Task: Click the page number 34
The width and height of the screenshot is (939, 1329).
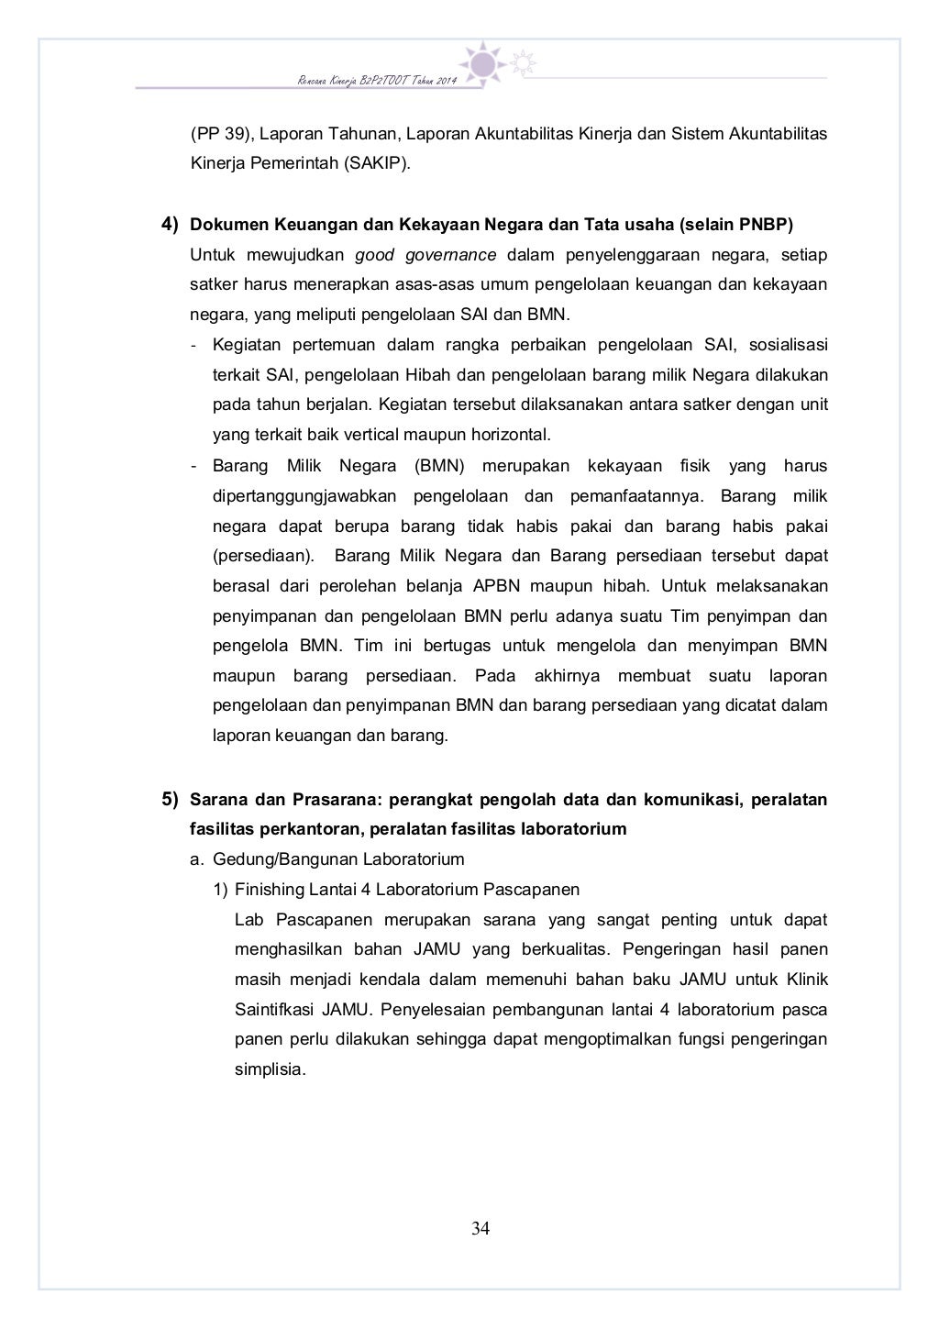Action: click(x=481, y=1228)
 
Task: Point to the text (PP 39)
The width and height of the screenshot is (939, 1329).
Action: click(x=219, y=134)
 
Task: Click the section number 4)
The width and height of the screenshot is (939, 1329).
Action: click(x=171, y=225)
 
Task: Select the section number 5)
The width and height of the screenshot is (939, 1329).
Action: click(x=171, y=799)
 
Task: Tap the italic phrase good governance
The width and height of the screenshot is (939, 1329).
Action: click(x=425, y=254)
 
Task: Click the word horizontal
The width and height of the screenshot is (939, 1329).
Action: click(x=511, y=434)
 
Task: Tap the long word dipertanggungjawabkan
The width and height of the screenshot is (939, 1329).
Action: click(x=304, y=496)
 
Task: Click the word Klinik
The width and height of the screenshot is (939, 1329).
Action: click(x=806, y=979)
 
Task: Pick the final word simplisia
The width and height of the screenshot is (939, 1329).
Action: click(x=269, y=1069)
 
